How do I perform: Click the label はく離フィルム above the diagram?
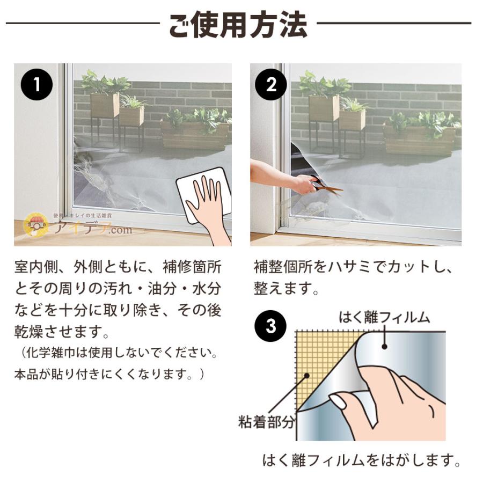[384, 317]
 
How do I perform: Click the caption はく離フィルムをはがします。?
[362, 460]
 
